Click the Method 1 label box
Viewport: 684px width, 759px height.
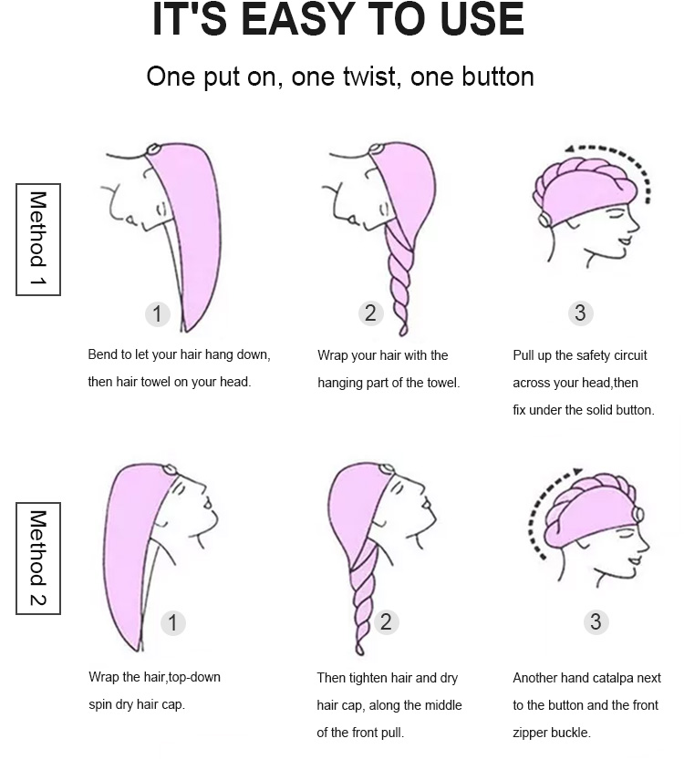pyautogui.click(x=38, y=239)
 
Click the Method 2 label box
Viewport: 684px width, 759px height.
pyautogui.click(x=38, y=559)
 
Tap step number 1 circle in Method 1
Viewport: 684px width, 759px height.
pyautogui.click(x=158, y=313)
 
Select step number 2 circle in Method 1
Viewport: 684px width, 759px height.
pyautogui.click(x=370, y=313)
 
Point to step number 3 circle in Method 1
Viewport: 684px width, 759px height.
pyautogui.click(x=580, y=313)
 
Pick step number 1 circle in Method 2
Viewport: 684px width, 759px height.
pyautogui.click(x=173, y=622)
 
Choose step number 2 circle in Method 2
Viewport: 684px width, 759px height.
pyautogui.click(x=386, y=621)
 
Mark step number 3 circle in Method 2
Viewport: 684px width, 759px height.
pyautogui.click(x=596, y=621)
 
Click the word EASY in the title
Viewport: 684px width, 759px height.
pyautogui.click(x=295, y=19)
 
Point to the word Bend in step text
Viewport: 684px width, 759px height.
pyautogui.click(x=102, y=354)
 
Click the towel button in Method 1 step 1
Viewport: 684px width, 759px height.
pyautogui.click(x=153, y=149)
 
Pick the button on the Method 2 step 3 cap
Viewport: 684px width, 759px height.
pyautogui.click(x=638, y=514)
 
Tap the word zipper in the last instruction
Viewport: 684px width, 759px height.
pyautogui.click(x=531, y=733)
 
